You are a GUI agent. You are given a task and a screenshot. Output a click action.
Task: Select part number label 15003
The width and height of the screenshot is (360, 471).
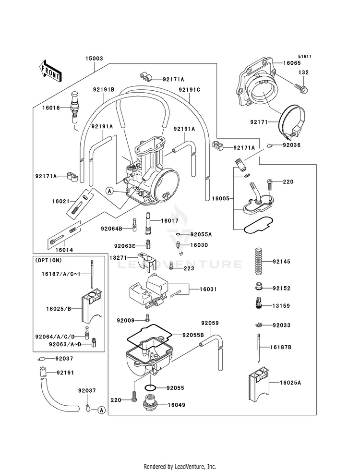94,58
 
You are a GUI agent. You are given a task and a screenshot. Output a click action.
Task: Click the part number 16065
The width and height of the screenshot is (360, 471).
292,63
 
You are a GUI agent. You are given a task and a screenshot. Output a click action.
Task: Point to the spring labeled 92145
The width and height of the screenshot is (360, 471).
259,261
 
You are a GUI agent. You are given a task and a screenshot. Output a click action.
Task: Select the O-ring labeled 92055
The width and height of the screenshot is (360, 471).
150,387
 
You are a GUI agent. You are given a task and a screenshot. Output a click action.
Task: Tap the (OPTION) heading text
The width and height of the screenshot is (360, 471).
48,260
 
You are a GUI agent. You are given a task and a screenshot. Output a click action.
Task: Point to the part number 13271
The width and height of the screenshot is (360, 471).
118,258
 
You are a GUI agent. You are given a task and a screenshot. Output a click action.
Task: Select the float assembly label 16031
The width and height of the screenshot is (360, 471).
209,289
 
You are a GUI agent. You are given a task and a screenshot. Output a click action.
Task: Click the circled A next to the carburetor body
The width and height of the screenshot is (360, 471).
109,191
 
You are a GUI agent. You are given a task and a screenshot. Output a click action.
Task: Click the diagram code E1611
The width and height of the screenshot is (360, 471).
305,56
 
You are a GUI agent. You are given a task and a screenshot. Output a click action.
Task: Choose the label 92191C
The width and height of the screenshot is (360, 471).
189,89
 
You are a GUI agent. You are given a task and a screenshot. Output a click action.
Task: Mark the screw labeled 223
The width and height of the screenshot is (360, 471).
172,266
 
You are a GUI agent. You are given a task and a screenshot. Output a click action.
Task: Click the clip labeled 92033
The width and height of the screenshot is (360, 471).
259,325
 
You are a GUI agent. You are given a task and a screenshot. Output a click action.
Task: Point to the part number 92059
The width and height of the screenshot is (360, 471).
210,323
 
